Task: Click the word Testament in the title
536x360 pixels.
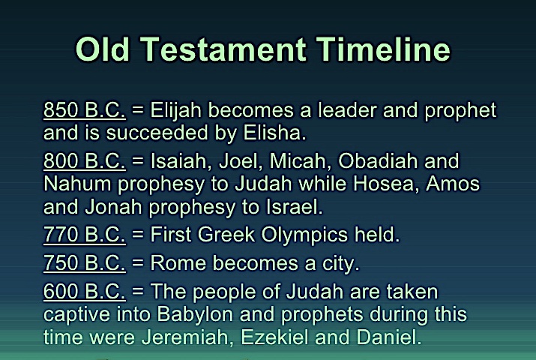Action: [x=223, y=49]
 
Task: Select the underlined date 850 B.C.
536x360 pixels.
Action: [x=85, y=110]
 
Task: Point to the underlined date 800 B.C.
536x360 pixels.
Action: [x=85, y=160]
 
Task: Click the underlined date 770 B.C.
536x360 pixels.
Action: [x=85, y=235]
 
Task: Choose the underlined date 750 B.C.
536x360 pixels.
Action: [x=85, y=263]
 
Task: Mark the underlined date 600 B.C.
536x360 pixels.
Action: [x=85, y=291]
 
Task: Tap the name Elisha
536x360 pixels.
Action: [x=274, y=133]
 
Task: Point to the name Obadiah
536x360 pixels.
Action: [x=378, y=160]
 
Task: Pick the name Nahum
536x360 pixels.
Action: [x=77, y=184]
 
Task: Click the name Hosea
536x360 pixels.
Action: [x=386, y=184]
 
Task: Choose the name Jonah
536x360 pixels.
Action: [x=113, y=207]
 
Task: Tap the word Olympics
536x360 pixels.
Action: [x=304, y=235]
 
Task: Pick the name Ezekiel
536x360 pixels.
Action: [x=275, y=337]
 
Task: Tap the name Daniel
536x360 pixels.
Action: [x=389, y=337]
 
